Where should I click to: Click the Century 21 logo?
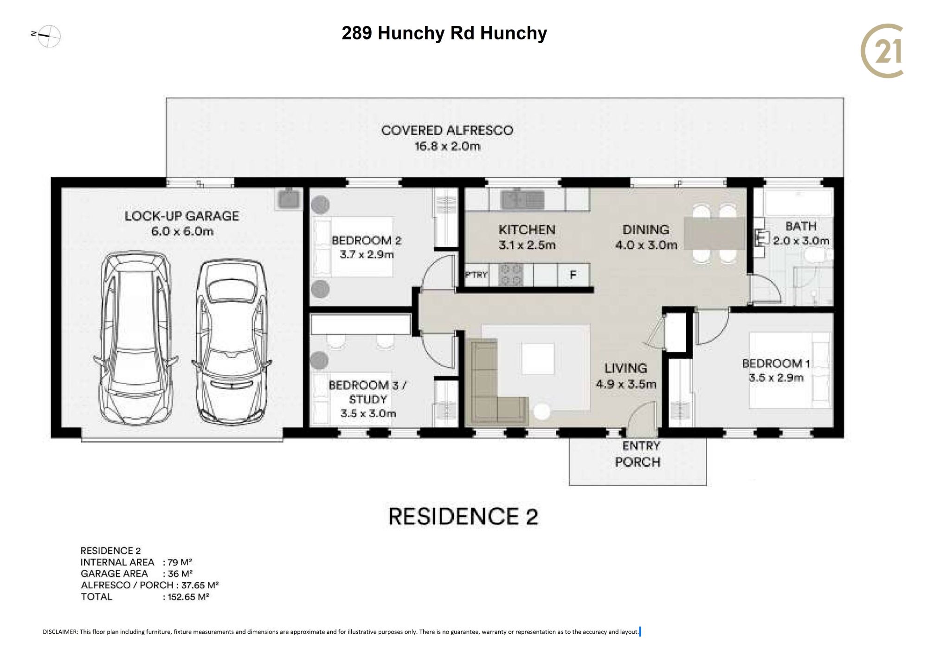[x=882, y=51]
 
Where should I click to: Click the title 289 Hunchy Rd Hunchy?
[x=444, y=33]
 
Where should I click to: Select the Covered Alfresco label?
[x=447, y=138]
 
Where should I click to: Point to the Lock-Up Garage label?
[x=182, y=223]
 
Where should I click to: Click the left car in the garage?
[x=135, y=338]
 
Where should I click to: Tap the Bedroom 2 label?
[x=367, y=247]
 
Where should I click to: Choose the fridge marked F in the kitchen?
[x=573, y=275]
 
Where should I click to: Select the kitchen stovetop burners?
[x=510, y=275]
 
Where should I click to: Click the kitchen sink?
[x=522, y=199]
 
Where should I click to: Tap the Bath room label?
[x=801, y=233]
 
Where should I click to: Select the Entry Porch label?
[x=638, y=454]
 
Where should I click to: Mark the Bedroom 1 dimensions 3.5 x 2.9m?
[x=776, y=378]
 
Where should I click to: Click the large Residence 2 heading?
[x=463, y=517]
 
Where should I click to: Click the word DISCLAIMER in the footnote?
[x=60, y=631]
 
